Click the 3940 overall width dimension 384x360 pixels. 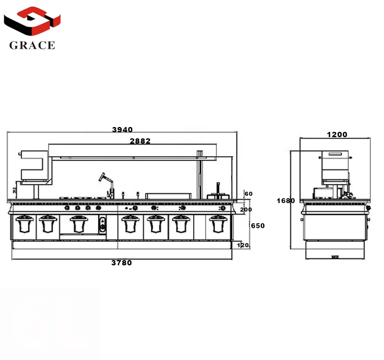click(x=122, y=129)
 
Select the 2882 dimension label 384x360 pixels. click(x=140, y=141)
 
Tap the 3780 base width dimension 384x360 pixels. click(x=121, y=263)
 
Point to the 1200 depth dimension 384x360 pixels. click(x=337, y=135)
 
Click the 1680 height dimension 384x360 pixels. click(x=286, y=201)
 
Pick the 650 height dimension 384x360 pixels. click(x=258, y=226)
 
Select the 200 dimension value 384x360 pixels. click(x=246, y=210)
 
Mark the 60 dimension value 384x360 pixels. click(x=249, y=194)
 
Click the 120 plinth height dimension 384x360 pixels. click(x=243, y=245)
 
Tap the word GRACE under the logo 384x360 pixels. click(x=32, y=45)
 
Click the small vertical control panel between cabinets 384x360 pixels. click(x=103, y=224)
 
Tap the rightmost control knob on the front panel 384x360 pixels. click(x=222, y=208)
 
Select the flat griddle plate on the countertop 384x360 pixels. click(x=168, y=196)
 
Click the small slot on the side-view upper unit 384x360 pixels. click(x=335, y=154)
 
